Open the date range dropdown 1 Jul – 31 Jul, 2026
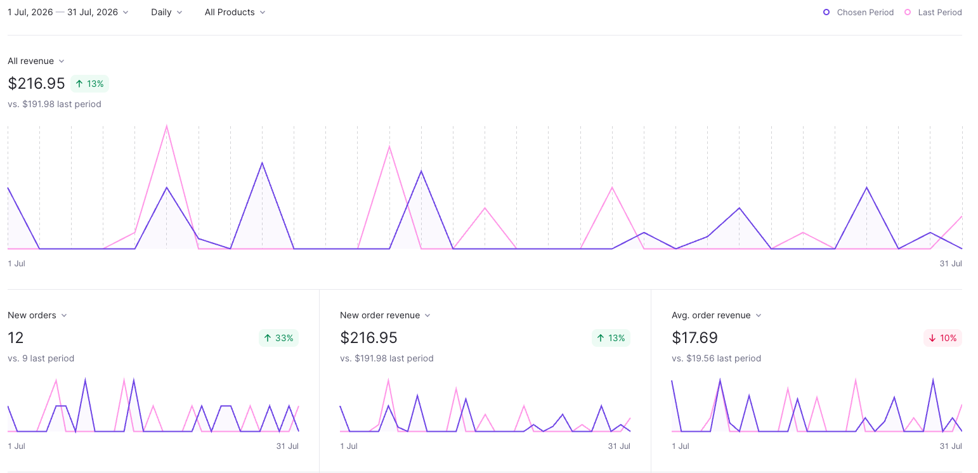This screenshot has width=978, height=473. (x=68, y=12)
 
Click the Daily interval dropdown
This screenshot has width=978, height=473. (x=166, y=12)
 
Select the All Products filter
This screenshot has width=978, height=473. (x=235, y=12)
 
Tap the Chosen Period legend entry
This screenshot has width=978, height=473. (x=858, y=12)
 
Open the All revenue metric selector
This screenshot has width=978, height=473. (x=36, y=61)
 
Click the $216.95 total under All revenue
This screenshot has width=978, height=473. (x=36, y=83)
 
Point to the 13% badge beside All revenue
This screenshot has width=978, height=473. (x=89, y=84)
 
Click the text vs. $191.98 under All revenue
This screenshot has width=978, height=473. (x=55, y=104)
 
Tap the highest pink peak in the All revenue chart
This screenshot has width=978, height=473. (x=166, y=126)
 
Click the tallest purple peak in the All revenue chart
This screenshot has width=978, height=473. (x=262, y=163)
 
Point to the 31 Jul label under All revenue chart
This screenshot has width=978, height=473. (x=951, y=264)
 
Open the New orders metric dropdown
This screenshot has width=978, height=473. (x=37, y=315)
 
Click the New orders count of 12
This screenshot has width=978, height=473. (x=16, y=338)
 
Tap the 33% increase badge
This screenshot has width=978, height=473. (x=278, y=338)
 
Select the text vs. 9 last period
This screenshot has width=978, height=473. (x=41, y=358)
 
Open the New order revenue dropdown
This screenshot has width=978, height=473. (x=385, y=315)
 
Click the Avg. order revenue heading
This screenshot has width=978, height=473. (x=711, y=315)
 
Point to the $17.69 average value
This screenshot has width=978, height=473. (x=694, y=338)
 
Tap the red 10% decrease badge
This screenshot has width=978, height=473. (x=943, y=338)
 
